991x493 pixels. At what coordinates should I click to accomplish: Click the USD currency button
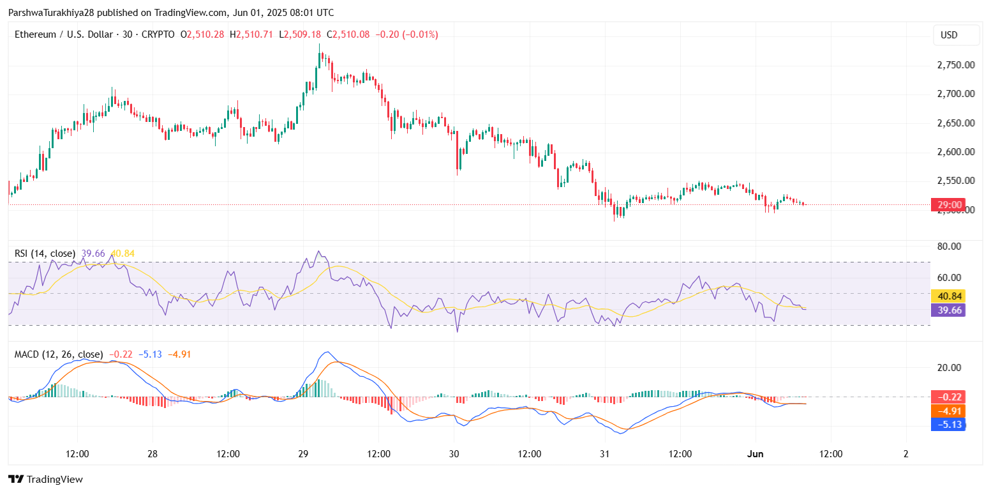pyautogui.click(x=949, y=35)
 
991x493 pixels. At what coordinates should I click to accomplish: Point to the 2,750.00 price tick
pyautogui.click(x=955, y=65)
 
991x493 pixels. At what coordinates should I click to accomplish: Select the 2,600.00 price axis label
pyautogui.click(x=955, y=152)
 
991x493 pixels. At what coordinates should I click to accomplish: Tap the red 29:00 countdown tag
pyautogui.click(x=950, y=205)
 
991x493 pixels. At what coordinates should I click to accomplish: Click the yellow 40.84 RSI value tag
pyautogui.click(x=949, y=296)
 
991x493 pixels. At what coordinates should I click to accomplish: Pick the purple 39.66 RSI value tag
pyautogui.click(x=949, y=310)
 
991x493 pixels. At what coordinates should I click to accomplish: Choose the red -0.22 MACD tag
pyautogui.click(x=949, y=397)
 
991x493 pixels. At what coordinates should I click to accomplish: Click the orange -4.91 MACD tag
pyautogui.click(x=949, y=411)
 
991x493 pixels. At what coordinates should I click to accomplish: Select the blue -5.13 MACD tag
pyautogui.click(x=949, y=425)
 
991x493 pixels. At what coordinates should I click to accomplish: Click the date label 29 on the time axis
pyautogui.click(x=303, y=454)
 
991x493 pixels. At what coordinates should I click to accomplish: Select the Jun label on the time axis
pyautogui.click(x=756, y=454)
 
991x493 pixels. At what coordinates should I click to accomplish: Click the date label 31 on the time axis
pyautogui.click(x=605, y=454)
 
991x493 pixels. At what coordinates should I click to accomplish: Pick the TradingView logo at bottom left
pyautogui.click(x=45, y=480)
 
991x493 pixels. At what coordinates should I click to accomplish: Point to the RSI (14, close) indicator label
pyautogui.click(x=45, y=254)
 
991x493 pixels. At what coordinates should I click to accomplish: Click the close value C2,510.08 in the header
pyautogui.click(x=348, y=34)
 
